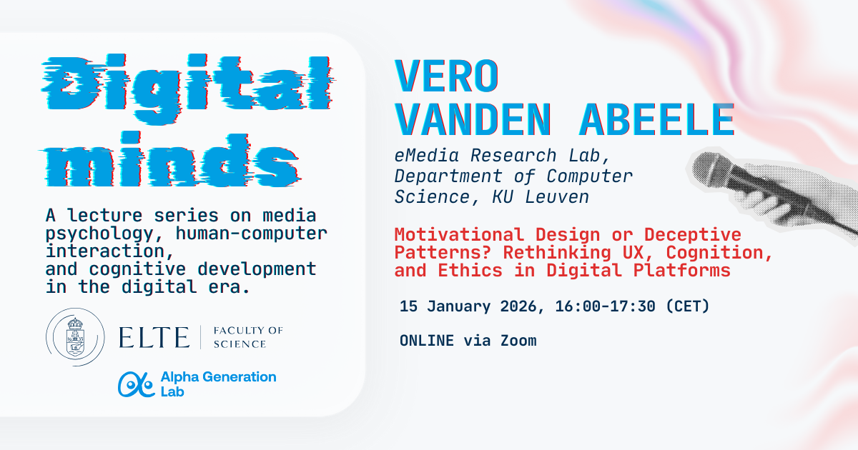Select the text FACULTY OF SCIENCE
click(248, 337)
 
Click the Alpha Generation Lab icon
click(136, 384)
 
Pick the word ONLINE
click(427, 341)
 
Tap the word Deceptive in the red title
click(699, 234)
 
